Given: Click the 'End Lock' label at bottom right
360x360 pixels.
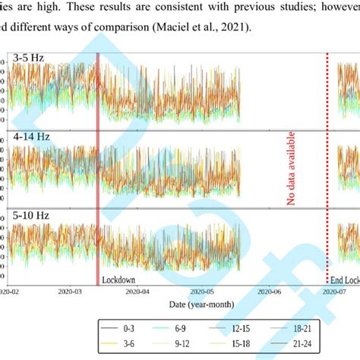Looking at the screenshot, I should coord(345,279).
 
